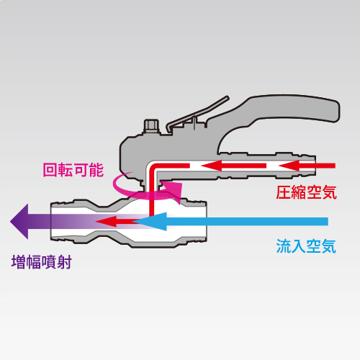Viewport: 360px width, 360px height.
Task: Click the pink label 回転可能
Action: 73,170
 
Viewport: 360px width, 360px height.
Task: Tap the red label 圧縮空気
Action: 306,192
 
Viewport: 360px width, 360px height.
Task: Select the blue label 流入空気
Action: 306,246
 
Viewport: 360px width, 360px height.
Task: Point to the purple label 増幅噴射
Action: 42,262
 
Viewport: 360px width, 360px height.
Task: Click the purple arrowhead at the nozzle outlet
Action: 19,222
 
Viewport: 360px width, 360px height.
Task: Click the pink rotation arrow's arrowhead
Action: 175,192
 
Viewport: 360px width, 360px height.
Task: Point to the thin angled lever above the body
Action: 197,113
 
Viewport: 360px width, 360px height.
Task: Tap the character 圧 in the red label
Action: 284,192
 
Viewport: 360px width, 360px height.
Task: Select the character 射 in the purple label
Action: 64,262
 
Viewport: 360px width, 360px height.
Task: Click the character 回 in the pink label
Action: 50,170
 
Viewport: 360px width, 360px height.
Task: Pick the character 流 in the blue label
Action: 284,246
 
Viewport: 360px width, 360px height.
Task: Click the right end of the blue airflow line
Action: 328,221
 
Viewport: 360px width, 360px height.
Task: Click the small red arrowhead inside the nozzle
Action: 106,221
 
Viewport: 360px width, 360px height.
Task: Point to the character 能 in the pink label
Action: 96,170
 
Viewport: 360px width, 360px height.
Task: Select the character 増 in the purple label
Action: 19,262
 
